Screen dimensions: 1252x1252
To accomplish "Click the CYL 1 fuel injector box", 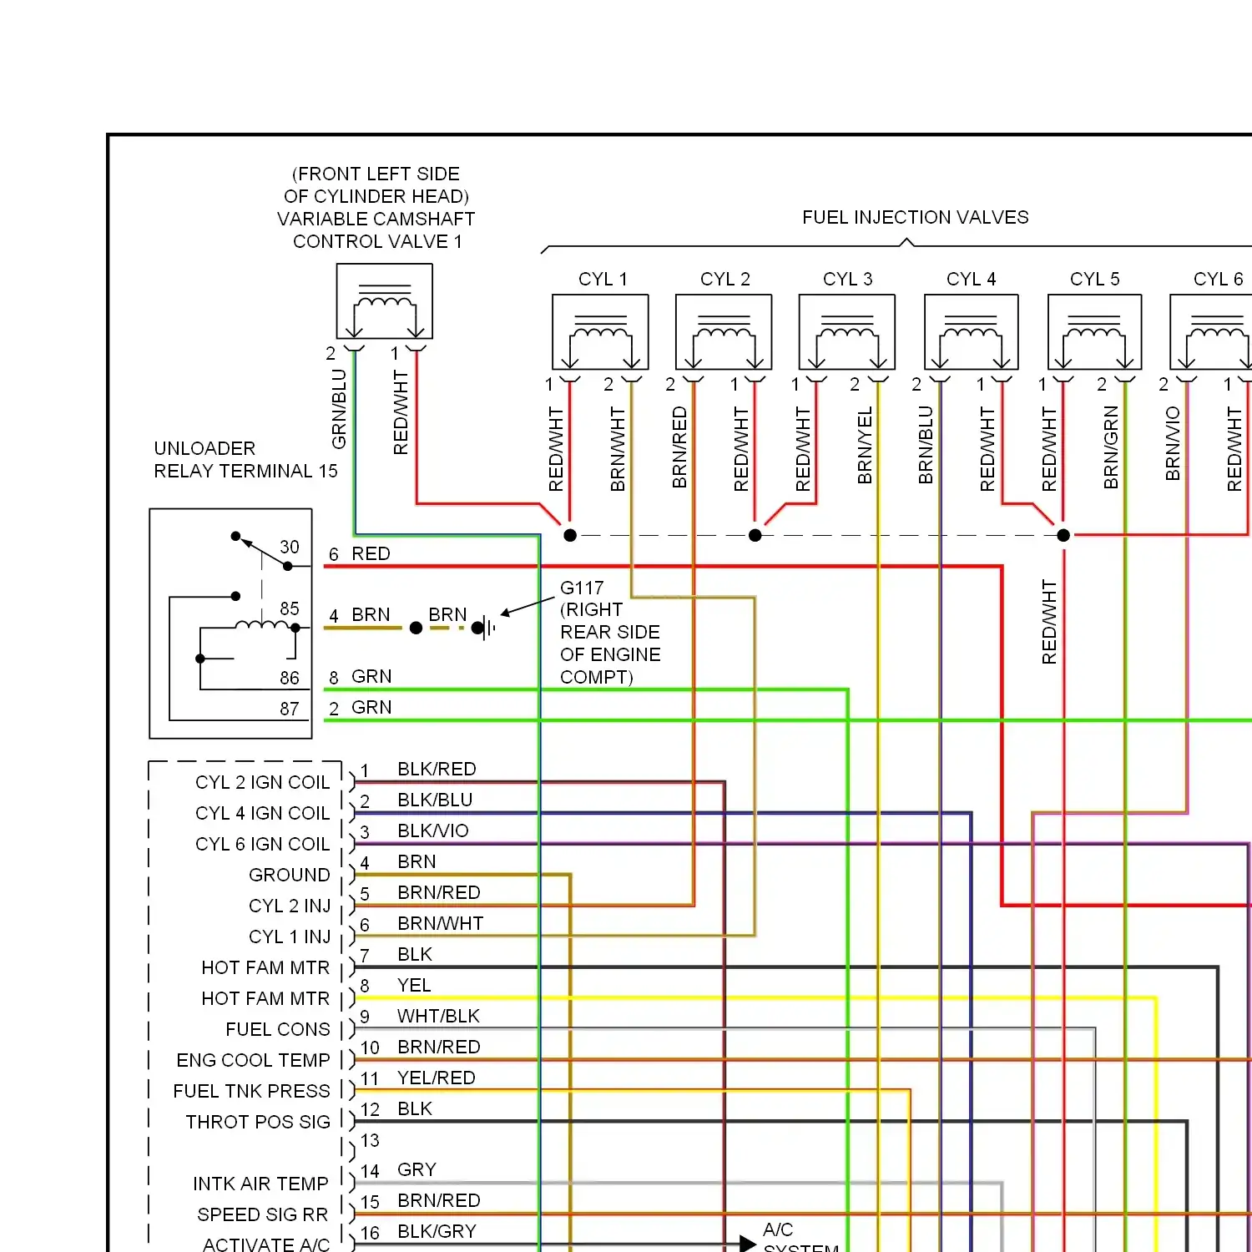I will pyautogui.click(x=600, y=331).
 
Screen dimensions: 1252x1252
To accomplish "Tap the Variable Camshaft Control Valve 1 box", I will pyautogui.click(x=384, y=301).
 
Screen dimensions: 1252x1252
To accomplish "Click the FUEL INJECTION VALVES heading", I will pyautogui.click(x=915, y=217).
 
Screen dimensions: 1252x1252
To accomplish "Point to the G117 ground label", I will pyautogui.click(x=582, y=588).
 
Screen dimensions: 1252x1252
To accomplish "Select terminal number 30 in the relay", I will pyautogui.click(x=290, y=547).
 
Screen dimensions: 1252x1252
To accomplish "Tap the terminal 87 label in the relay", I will pyautogui.click(x=290, y=709).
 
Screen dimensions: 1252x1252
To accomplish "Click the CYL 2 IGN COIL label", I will pyautogui.click(x=262, y=782).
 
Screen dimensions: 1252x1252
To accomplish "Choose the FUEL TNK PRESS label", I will pyautogui.click(x=251, y=1091).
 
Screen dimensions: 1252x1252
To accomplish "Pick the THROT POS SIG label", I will pyautogui.click(x=258, y=1122).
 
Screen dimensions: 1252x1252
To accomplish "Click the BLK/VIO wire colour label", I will pyautogui.click(x=432, y=830).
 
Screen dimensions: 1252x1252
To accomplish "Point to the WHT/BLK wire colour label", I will pyautogui.click(x=438, y=1016).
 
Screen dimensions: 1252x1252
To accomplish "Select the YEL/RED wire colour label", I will pyautogui.click(x=436, y=1078).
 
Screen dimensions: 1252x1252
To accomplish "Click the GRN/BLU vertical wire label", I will pyautogui.click(x=339, y=409).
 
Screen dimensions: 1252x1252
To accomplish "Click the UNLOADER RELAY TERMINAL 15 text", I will pyautogui.click(x=245, y=460).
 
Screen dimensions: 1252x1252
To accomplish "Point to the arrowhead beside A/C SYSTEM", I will pyautogui.click(x=748, y=1244).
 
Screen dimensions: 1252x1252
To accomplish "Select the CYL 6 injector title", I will pyautogui.click(x=1218, y=279).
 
